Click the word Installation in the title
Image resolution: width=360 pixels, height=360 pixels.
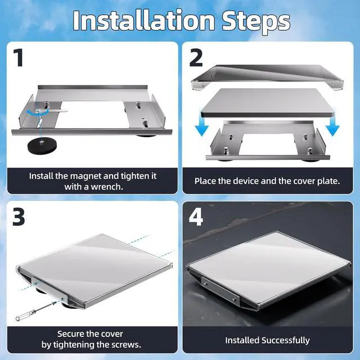coord(144,20)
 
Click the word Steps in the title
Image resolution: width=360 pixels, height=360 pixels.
coord(256,22)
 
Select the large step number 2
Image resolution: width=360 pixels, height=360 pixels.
coord(196,58)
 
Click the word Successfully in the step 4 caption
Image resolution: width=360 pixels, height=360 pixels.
coord(285,340)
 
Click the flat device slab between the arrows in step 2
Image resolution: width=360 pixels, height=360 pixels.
coord(268,102)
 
